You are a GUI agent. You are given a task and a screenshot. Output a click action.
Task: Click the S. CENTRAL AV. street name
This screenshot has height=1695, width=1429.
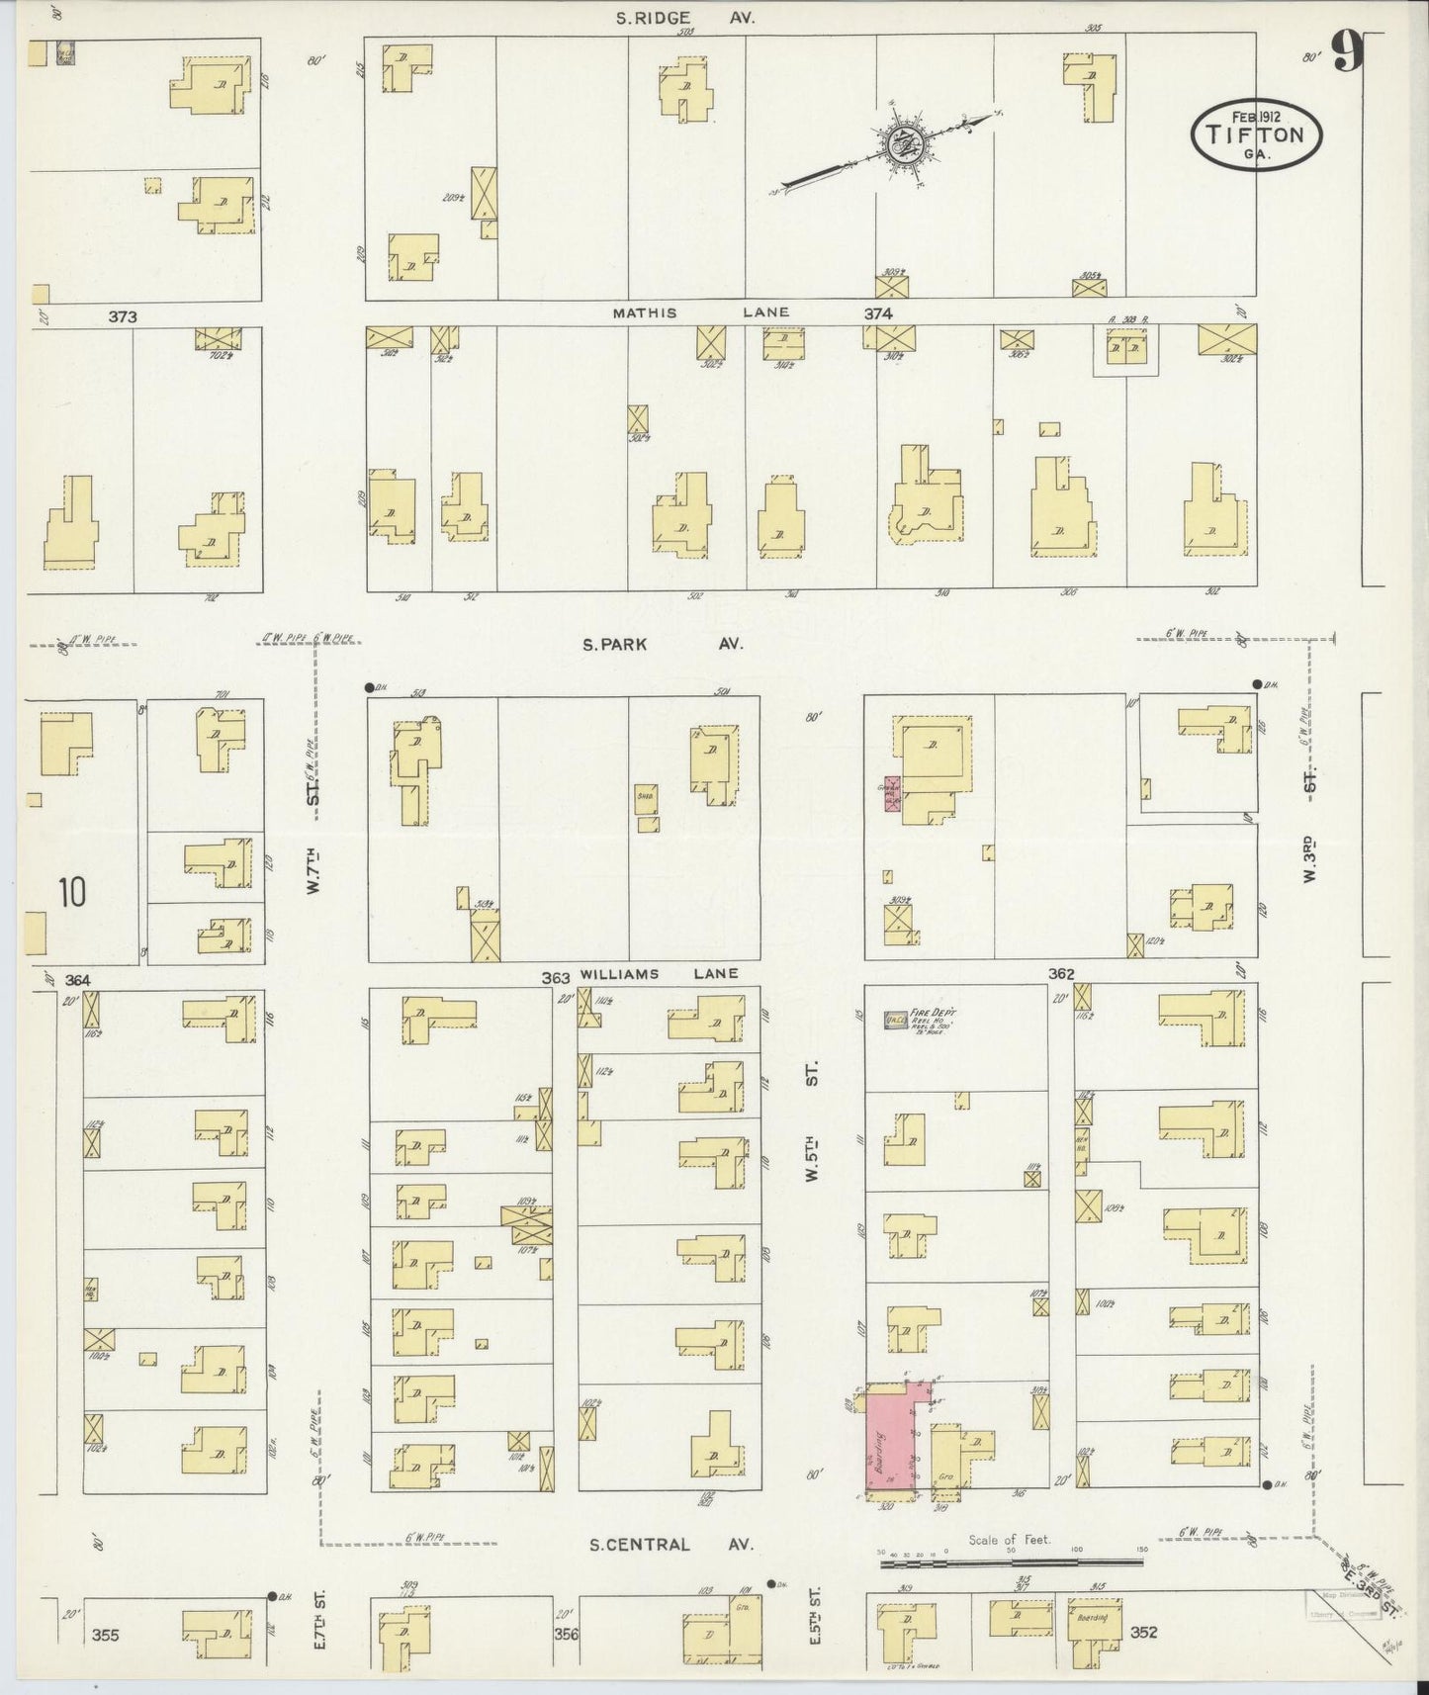670,1544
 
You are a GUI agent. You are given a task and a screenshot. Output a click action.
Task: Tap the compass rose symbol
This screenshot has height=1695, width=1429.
902,142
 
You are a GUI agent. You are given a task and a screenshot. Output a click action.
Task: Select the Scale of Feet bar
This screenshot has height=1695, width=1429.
1011,1562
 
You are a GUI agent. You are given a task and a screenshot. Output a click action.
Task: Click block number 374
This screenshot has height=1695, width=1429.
878,313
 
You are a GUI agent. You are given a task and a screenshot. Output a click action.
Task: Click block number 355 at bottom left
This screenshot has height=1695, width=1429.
105,1636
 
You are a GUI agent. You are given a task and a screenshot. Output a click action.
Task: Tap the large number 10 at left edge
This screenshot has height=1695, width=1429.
71,892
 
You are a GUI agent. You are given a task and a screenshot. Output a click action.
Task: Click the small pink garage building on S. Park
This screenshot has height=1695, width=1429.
890,793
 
